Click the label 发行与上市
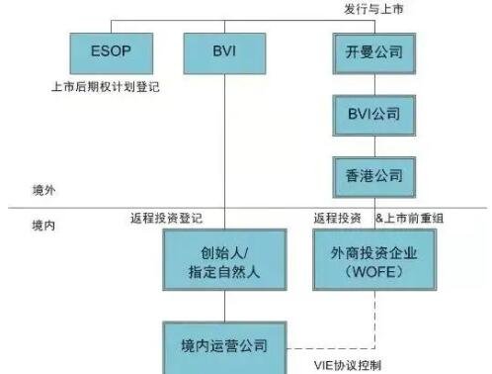tap(373, 9)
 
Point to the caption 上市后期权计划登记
tap(105, 87)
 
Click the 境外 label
tap(44, 189)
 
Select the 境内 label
tap(44, 226)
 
